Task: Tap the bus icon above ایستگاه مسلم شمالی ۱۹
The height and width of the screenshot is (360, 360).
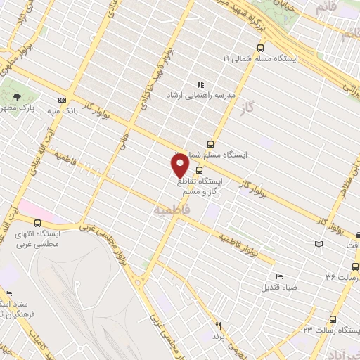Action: (261, 48)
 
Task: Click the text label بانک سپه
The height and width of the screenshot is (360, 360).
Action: (62, 110)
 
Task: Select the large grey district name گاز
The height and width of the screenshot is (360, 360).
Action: (264, 107)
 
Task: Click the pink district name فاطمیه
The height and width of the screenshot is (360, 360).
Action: (171, 210)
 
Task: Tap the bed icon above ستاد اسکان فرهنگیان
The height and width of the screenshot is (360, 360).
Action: (8, 293)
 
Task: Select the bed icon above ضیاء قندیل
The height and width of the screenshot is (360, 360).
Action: (279, 276)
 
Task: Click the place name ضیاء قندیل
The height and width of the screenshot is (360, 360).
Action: (271, 287)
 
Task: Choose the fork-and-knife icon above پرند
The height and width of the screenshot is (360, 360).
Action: (218, 326)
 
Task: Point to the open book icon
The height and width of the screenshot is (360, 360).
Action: (320, 243)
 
